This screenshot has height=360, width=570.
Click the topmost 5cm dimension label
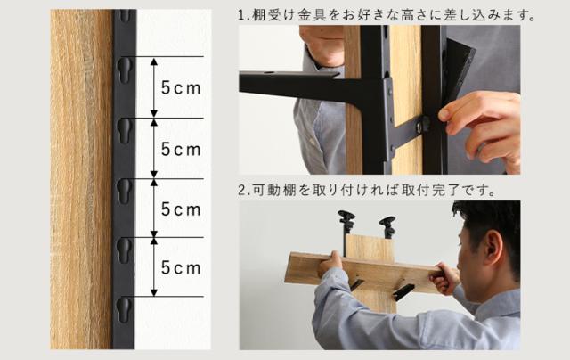pos(181,88)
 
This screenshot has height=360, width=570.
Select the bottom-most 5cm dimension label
pos(181,268)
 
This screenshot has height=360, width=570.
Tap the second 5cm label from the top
pos(181,149)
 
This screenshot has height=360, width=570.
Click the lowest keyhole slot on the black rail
pos(124,310)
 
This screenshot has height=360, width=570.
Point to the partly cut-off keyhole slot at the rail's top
pos(125,16)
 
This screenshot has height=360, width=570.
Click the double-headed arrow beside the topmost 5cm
pos(154,87)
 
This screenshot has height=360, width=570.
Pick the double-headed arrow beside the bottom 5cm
pos(154,267)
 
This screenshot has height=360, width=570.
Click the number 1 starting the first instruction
pos(241,15)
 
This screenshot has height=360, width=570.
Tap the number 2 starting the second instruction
pos(241,190)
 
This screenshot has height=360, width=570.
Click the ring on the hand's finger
pos(481,148)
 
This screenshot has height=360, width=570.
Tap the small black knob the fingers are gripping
pos(425,125)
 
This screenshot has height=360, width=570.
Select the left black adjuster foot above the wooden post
pos(346,222)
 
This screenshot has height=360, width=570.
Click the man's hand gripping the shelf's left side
pos(330,264)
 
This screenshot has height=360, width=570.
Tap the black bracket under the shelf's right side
pos(403,291)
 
